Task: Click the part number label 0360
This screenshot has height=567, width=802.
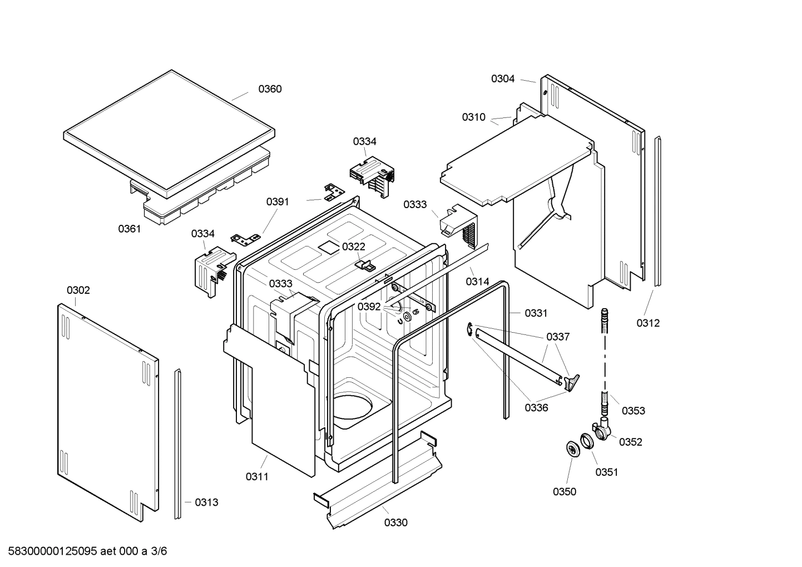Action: pos(270,89)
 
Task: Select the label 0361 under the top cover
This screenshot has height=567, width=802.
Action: pos(129,229)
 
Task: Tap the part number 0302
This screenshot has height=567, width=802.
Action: pos(78,290)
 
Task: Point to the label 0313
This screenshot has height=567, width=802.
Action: pos(206,502)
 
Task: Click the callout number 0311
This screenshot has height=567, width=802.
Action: pos(257,476)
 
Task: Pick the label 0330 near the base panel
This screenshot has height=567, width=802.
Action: pos(395,522)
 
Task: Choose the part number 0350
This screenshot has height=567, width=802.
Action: pos(565,491)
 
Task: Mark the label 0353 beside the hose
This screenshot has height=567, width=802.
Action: pos(633,411)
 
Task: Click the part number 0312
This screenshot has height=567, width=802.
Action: pos(648,323)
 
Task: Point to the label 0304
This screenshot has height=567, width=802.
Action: pos(503,79)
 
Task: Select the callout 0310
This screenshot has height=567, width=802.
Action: pos(474,117)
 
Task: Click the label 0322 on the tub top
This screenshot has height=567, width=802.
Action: pos(354,246)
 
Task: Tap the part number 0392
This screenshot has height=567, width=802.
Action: pos(369,307)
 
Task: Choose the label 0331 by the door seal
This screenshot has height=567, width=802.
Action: pos(536,313)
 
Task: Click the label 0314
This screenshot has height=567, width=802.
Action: pos(478,282)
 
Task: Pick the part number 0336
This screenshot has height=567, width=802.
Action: pos(537,408)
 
